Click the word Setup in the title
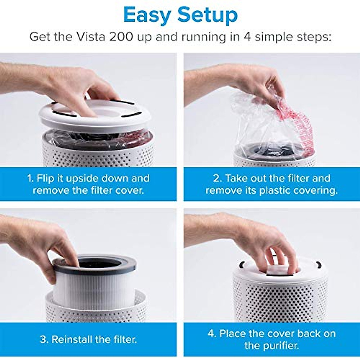click(208, 15)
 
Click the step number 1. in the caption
click(30, 178)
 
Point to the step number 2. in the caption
click(218, 178)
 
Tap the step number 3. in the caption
click(44, 339)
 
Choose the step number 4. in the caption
click(212, 333)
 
